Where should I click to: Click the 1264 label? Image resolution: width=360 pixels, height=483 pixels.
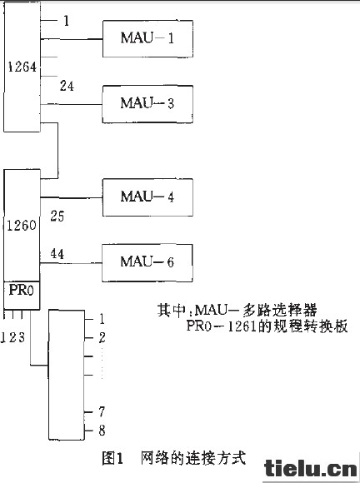point(22,67)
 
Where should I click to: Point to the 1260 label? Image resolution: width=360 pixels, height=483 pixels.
point(22,226)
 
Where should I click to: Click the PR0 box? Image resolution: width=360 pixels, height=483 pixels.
point(22,295)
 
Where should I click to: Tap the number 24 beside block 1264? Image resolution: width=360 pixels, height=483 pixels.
point(67,86)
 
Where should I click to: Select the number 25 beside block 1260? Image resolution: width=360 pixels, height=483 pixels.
point(57,217)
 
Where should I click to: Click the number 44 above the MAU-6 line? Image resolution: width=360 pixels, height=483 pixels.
point(57,254)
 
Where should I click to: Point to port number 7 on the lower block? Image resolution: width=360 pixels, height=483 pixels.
point(102,411)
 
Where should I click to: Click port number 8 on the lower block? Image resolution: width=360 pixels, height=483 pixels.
point(102,431)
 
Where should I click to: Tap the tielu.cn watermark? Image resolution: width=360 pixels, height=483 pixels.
point(311,469)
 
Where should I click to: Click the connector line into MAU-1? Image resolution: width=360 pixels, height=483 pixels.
point(71,39)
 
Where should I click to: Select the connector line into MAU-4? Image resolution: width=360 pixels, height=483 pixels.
point(71,197)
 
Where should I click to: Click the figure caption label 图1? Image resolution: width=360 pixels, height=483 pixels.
point(112,458)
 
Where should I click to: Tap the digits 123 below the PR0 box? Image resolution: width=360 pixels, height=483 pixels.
point(12,337)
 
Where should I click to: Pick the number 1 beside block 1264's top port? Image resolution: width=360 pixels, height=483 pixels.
point(67,21)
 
